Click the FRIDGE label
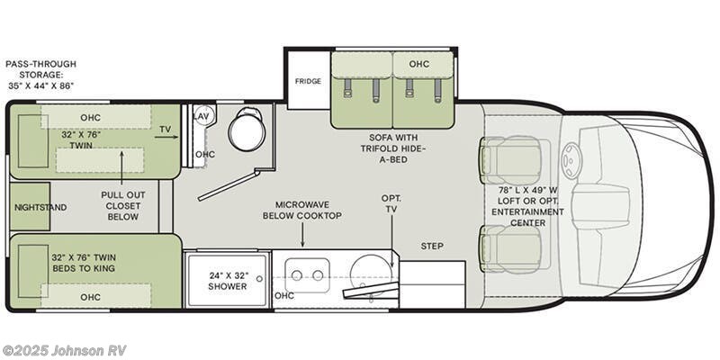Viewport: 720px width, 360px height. (308, 81)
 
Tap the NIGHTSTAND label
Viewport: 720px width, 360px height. (40, 207)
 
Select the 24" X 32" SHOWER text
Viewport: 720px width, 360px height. (228, 281)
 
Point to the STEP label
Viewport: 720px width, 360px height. (433, 246)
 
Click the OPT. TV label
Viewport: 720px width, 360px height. (391, 202)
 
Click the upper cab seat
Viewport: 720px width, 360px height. (510, 159)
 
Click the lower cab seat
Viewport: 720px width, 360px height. (510, 247)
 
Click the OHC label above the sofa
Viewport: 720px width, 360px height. (418, 65)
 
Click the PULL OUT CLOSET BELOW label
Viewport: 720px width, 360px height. (122, 204)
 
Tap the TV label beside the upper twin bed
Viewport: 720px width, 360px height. (165, 130)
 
